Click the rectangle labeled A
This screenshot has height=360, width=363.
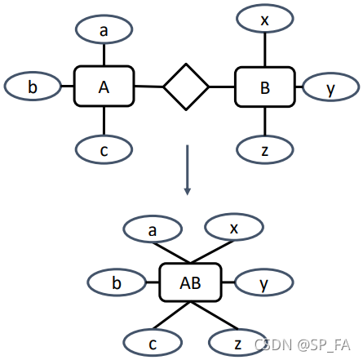point(104,86)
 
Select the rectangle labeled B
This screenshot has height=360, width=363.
point(264,86)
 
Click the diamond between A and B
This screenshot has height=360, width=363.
point(185,86)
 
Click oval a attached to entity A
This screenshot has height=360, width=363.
point(104,29)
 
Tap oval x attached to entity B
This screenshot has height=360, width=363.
point(264,19)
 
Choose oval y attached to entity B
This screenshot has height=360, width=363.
point(330,88)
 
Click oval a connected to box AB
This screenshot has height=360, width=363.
point(153,230)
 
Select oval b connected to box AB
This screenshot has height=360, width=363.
point(117,283)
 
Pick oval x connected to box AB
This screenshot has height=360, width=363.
point(234,229)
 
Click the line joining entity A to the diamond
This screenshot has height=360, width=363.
point(148,86)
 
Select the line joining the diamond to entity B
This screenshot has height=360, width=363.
point(222,86)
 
